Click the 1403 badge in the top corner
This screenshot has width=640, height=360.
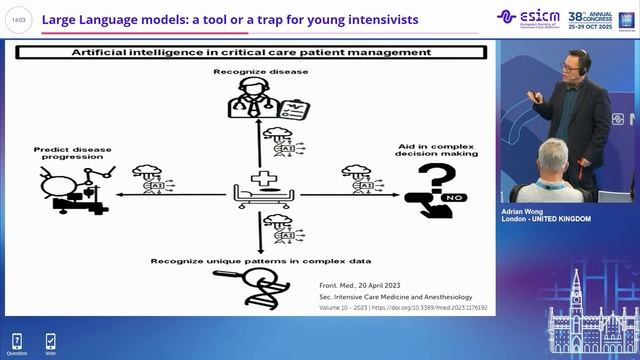19,20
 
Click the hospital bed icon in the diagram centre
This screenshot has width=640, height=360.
261,191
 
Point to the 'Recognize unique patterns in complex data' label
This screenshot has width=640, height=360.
259,261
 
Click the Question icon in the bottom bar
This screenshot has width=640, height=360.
17,342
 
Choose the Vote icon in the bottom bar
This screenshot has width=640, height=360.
50,342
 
